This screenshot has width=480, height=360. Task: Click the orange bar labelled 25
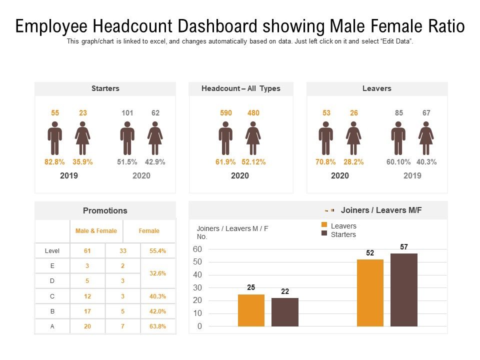[x=251, y=310]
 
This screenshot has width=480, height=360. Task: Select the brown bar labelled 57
[x=403, y=290]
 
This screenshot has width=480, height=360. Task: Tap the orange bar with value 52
[x=370, y=293]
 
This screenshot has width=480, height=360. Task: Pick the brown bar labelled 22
[x=285, y=312]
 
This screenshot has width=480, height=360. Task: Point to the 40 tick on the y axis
[x=197, y=275]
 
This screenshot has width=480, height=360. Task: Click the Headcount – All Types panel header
[x=241, y=88]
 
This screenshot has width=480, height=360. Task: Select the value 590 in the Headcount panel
[x=226, y=113]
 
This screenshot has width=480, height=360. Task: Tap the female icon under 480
[x=253, y=138]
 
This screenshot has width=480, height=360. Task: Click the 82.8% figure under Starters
[x=55, y=162]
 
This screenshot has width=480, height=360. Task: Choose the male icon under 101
[x=127, y=138]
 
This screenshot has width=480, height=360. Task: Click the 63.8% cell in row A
[x=158, y=326]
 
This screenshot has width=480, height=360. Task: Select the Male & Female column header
[x=96, y=231]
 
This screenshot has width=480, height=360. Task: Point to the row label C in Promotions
[x=52, y=296]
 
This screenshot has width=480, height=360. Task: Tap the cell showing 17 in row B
[x=88, y=311]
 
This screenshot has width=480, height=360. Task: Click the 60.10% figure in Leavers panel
[x=398, y=162]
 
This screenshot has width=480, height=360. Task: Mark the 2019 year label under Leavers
[x=412, y=175]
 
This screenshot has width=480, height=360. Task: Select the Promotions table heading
[x=105, y=210]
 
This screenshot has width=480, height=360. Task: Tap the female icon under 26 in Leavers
[x=353, y=138]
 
